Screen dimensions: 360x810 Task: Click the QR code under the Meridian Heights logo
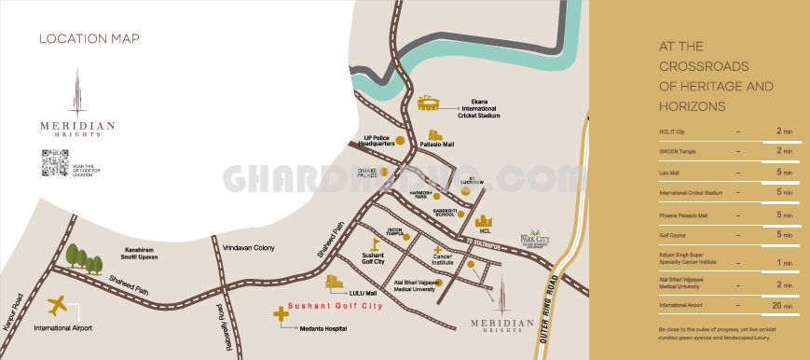54,163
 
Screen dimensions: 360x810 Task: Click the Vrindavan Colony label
249,247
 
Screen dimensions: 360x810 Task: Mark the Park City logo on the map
535,240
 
